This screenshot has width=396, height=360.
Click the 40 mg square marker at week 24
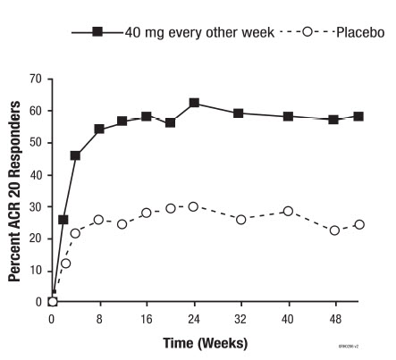194,104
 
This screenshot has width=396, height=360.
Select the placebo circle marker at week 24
194,206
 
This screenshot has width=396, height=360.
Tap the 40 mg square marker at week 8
99,130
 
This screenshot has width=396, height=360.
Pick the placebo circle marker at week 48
334,230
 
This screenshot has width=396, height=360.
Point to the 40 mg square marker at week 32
240,113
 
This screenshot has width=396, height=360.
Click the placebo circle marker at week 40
287,211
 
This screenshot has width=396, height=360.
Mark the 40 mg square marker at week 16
147,117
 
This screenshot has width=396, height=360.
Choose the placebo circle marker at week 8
99,220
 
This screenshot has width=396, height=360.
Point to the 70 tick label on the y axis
35,80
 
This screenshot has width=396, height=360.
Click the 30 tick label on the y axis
35,206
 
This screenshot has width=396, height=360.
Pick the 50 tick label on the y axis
35,143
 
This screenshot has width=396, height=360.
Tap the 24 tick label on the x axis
194,317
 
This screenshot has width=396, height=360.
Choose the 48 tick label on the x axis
334,317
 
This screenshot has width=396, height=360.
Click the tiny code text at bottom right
350,343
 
